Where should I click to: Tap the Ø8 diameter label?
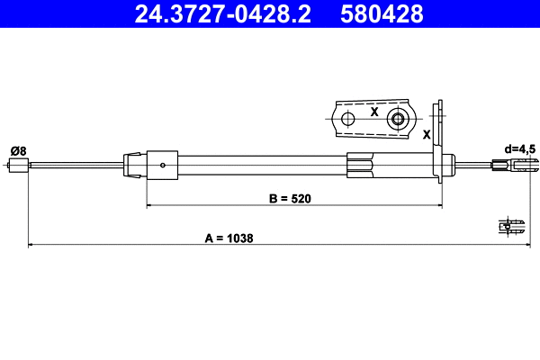click(17, 149)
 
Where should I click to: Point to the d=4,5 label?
click(520, 148)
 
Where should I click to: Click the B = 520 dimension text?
click(290, 199)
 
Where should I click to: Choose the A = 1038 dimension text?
click(229, 238)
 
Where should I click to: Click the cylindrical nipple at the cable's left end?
click(17, 164)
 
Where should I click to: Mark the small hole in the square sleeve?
click(162, 164)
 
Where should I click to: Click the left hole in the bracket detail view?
click(347, 119)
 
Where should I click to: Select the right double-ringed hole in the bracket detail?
click(397, 119)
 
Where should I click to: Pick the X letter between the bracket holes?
click(373, 112)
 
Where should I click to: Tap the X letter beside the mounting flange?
click(427, 134)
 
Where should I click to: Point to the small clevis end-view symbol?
click(512, 227)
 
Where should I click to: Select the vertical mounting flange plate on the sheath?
click(441, 148)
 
